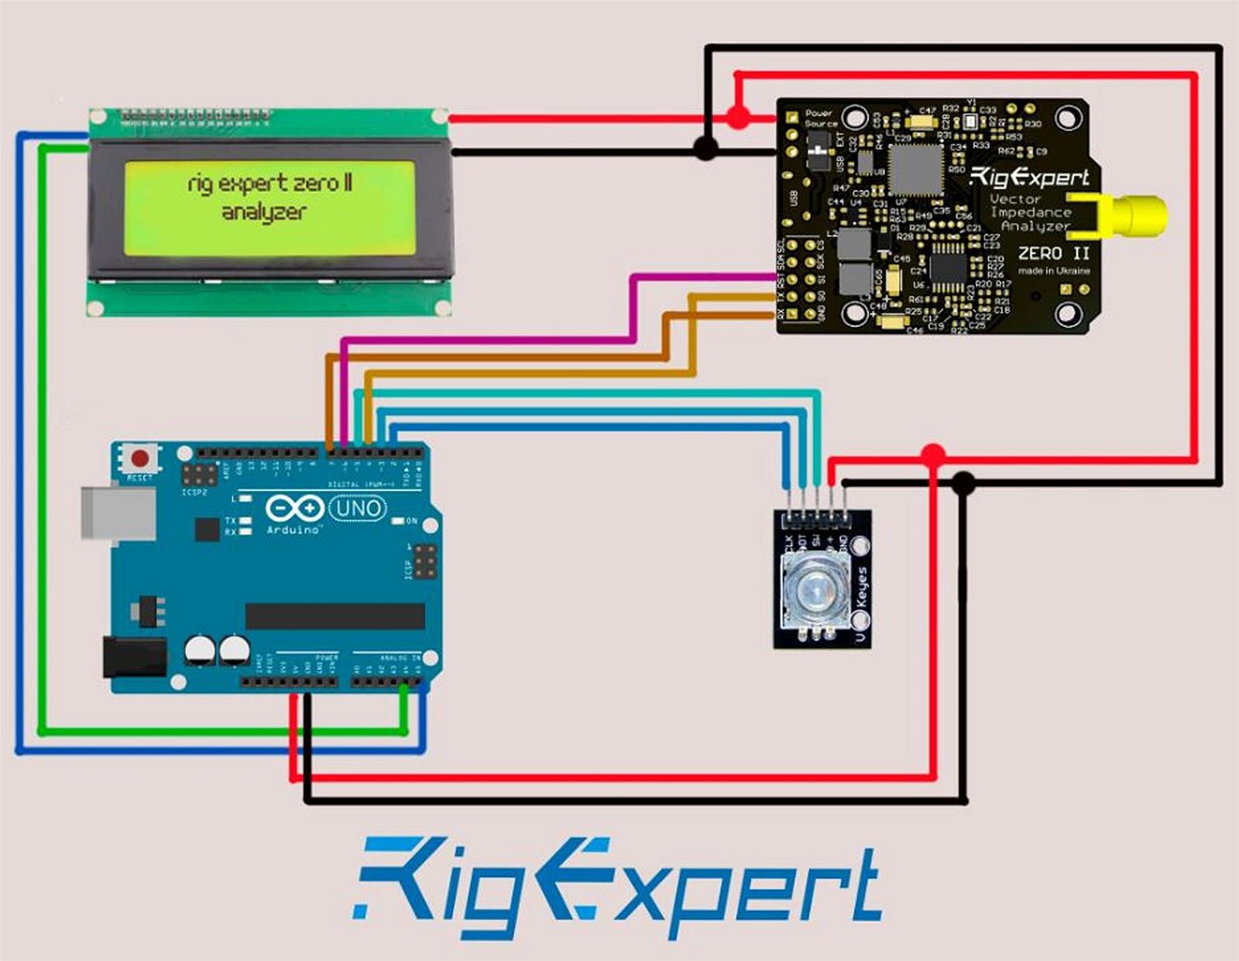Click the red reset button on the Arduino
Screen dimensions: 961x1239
pos(140,457)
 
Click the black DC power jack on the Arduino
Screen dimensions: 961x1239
pos(135,657)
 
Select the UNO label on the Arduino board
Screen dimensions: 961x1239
pos(358,509)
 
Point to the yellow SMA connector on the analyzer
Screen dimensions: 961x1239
pos(1138,216)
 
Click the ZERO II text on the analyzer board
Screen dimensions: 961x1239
pos(1054,253)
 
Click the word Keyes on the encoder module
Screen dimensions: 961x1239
pos(862,587)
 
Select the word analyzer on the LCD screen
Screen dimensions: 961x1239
pos(264,212)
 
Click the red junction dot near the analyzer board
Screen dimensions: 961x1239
pos(738,118)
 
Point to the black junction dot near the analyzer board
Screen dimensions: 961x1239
pos(705,148)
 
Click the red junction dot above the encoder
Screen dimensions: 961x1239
pos(933,455)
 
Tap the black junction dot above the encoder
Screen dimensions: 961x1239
pos(963,484)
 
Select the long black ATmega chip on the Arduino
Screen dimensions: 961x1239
pos(335,616)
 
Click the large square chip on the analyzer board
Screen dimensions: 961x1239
pos(916,170)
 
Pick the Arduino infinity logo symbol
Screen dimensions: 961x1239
pos(294,509)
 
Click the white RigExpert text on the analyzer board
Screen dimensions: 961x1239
pos(1030,177)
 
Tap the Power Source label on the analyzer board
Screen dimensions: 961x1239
pos(820,118)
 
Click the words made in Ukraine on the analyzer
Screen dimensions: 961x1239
pos(1054,271)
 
